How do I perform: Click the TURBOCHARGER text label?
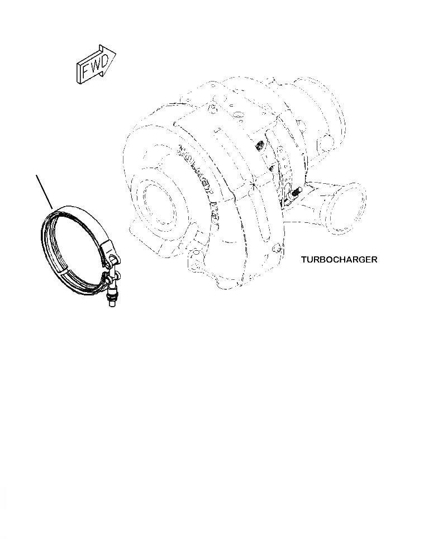[x=339, y=259]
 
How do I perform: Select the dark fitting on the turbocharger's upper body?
[x=259, y=146]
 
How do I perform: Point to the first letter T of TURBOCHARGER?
[x=303, y=259]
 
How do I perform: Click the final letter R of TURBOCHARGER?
[x=374, y=259]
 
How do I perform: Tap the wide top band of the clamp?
[x=84, y=216]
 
